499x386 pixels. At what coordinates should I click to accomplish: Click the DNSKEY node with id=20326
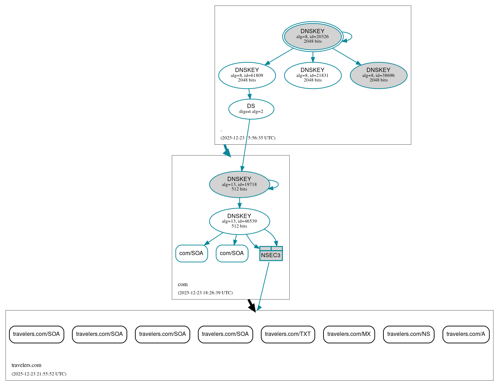point(313,36)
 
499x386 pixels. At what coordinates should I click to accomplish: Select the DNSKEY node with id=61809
point(247,75)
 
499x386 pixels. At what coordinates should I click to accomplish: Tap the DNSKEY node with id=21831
point(313,75)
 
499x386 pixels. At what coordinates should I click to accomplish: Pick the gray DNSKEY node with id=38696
point(378,75)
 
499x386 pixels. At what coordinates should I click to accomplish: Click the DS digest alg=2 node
point(251,109)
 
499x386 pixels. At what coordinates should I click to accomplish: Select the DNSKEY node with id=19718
point(239,184)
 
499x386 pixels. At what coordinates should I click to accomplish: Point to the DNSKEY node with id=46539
point(239,221)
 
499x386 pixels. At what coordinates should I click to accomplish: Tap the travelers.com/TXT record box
point(288,334)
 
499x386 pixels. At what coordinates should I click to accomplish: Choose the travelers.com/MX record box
point(349,334)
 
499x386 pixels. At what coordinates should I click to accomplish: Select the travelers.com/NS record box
point(408,334)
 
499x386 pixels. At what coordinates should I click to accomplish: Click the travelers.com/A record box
point(466,334)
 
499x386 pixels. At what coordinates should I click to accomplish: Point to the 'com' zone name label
point(183,284)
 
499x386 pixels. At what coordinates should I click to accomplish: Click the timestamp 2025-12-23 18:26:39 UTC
point(205,293)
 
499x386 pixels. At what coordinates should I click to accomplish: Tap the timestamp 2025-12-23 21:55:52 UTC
point(39,374)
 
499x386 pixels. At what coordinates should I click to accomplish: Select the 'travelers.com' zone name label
point(26,365)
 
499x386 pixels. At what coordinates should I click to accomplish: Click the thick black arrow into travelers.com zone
point(251,305)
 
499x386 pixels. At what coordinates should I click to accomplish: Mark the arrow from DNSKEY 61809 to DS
point(249,94)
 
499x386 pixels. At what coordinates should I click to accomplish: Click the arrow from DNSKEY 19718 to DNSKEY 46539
point(240,203)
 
